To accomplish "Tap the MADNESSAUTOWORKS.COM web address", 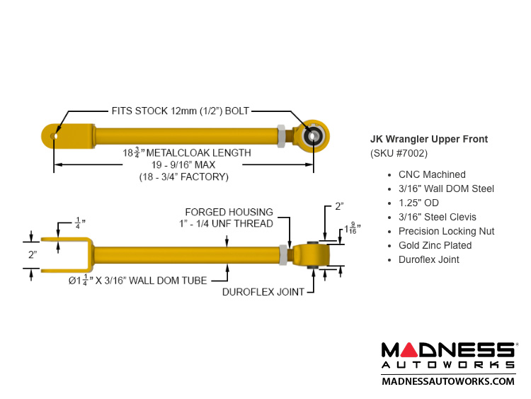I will (448, 381).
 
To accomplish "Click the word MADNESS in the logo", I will (448, 349).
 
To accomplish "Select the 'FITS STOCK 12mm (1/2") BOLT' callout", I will (181, 111).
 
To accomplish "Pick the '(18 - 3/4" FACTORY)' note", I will (183, 177).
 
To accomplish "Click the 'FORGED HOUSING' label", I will (229, 212).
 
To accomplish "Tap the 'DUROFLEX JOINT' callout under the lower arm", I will (263, 292).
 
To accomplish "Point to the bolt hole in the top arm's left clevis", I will (55, 135).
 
